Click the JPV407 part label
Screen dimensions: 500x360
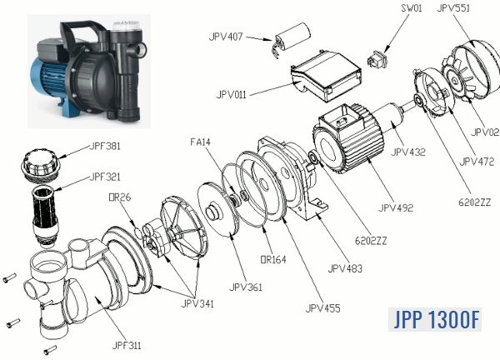[x=226, y=37]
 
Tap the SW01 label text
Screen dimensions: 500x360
[x=412, y=8]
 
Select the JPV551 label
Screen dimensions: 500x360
[x=453, y=8]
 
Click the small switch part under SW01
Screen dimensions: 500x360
[x=376, y=60]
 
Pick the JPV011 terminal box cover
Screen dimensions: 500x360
[x=326, y=75]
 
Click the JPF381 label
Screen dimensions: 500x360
[x=105, y=146]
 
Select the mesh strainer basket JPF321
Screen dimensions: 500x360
[x=45, y=217]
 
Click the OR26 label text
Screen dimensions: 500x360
[x=120, y=197]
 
